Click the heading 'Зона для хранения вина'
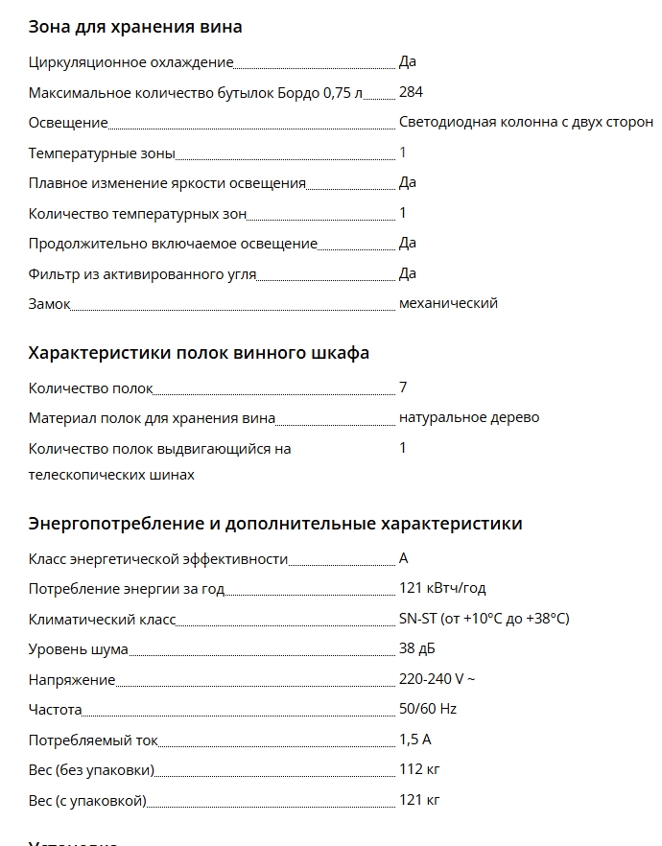coord(135,27)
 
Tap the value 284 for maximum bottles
coord(411,92)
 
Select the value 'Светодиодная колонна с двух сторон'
coord(526,122)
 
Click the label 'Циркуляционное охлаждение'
coord(131,62)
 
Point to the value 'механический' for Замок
coord(448,303)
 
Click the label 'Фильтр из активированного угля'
coord(142,274)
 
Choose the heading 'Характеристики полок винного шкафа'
coord(199,353)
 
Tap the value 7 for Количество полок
coord(403,388)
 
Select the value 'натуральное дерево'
coord(468,417)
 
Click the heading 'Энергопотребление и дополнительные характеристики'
coord(275,524)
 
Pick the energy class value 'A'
coord(404,558)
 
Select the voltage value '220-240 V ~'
coord(437,679)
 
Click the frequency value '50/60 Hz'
coord(428,710)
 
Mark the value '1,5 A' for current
coord(415,740)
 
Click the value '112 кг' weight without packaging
coord(419,769)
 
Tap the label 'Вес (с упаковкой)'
coord(87,800)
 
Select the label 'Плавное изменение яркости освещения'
coord(167,183)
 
